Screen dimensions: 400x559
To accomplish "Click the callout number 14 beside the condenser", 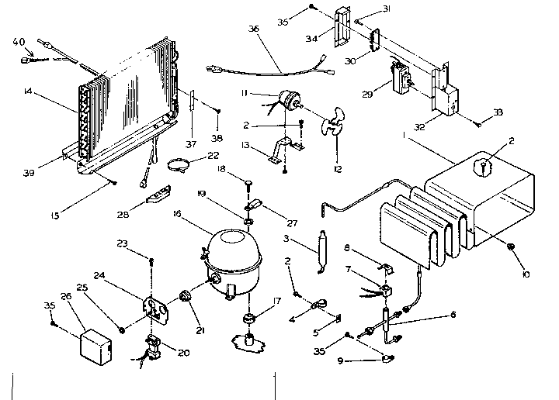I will coord(29,91).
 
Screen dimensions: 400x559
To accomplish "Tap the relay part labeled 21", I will coord(186,295).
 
